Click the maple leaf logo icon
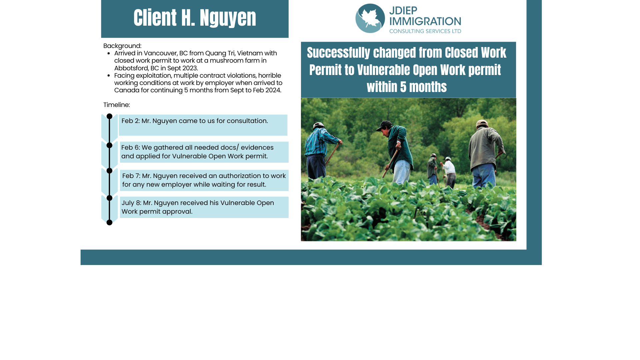click(370, 18)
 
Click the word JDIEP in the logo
click(403, 11)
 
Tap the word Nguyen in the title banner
click(228, 18)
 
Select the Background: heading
click(122, 46)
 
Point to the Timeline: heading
click(117, 105)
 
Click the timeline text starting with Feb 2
click(195, 121)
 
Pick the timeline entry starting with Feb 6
click(197, 152)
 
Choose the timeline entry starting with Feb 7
click(204, 180)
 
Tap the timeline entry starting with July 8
click(198, 207)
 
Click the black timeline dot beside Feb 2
click(109, 116)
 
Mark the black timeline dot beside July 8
click(109, 198)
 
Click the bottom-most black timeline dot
click(109, 222)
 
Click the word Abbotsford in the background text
click(131, 68)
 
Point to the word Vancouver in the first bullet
click(160, 53)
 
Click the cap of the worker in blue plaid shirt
click(319, 125)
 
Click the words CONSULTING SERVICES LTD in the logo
click(425, 31)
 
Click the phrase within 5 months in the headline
click(407, 87)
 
